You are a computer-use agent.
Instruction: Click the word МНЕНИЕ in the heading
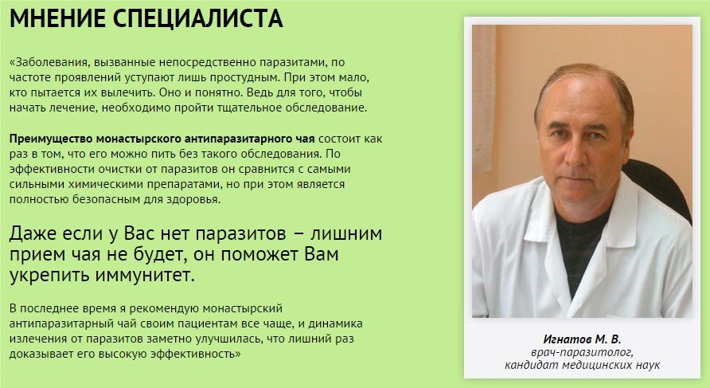[58, 18]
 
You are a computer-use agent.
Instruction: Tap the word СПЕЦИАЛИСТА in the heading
[198, 18]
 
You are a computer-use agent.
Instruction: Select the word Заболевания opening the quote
[51, 63]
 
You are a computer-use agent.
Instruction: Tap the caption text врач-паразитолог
[582, 353]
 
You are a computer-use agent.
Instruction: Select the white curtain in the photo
[484, 100]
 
